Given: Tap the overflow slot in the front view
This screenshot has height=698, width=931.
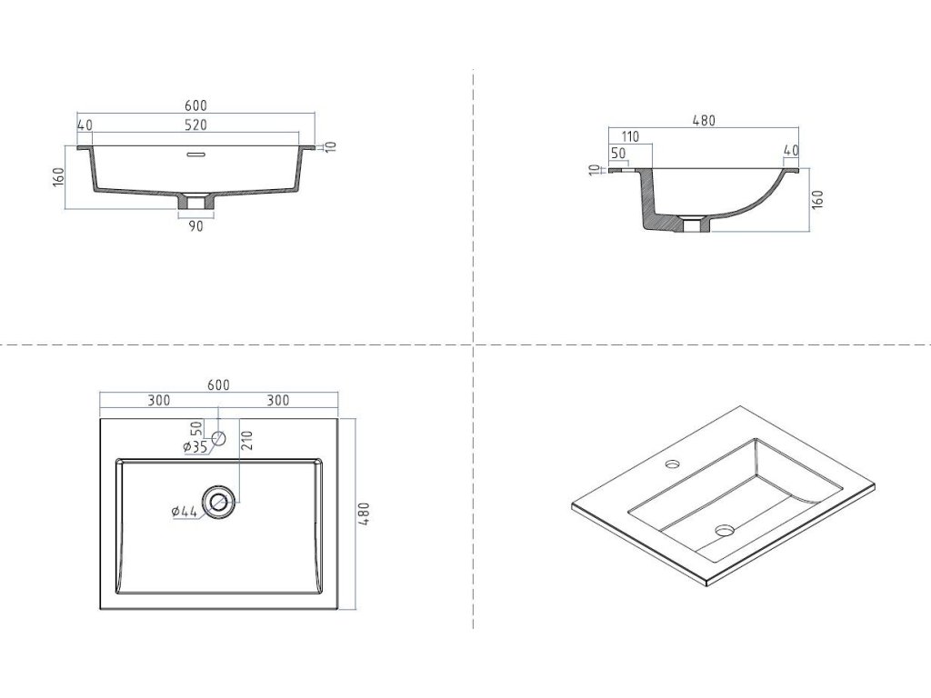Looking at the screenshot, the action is (x=196, y=154).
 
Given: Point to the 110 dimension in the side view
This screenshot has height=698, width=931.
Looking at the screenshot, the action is (x=631, y=137).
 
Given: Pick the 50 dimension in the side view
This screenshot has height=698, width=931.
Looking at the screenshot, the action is (x=618, y=153).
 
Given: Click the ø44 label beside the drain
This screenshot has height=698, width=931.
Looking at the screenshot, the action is (x=185, y=512).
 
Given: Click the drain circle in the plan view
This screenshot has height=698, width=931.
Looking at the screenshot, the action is (x=218, y=502).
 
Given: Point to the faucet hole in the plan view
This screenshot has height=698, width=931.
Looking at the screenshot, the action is (x=218, y=440).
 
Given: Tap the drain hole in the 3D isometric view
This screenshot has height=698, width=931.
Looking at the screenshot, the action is (x=725, y=529).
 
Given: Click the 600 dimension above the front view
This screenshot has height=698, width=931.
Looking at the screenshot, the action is (x=196, y=105).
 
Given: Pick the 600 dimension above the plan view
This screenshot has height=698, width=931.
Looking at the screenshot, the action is (x=218, y=384).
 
